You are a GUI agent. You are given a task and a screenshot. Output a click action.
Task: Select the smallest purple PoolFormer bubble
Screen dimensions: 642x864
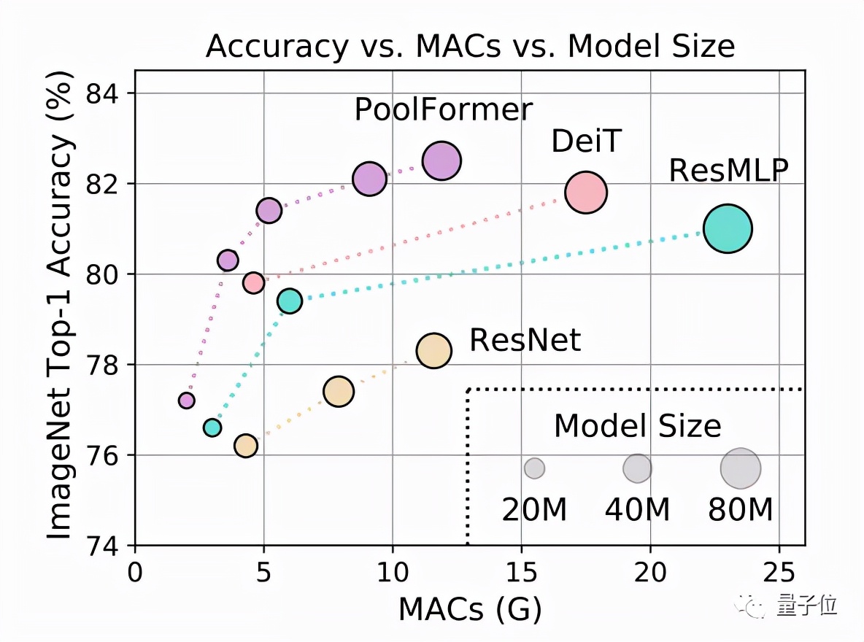[x=187, y=400]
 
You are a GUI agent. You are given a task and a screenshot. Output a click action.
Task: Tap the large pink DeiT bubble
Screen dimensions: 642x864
[x=586, y=193]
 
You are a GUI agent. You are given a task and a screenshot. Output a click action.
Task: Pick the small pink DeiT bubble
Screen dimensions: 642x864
[x=253, y=282]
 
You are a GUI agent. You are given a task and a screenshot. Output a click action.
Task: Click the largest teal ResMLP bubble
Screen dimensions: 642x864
[x=728, y=229]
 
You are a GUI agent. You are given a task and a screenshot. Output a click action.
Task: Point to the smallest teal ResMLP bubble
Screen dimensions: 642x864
[x=212, y=428]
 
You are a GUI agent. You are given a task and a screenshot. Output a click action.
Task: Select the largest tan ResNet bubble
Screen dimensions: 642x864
[x=434, y=350]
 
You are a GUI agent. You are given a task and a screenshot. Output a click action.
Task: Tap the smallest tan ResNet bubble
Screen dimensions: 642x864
[x=246, y=445]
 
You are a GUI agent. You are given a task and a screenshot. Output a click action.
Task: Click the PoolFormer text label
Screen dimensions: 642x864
[x=444, y=110]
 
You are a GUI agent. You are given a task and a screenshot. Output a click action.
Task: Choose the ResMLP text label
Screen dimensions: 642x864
[x=729, y=171]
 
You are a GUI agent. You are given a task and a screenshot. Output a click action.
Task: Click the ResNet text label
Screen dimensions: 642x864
[x=525, y=340]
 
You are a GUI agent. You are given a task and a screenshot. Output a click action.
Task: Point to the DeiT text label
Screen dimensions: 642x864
[x=585, y=142]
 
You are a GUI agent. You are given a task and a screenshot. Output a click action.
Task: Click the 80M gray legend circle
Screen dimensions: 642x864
[x=741, y=468]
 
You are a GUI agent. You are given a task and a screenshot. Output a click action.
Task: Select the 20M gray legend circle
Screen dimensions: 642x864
[x=535, y=468]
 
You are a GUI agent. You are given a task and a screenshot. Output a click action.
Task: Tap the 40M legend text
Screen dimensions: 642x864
[x=637, y=511]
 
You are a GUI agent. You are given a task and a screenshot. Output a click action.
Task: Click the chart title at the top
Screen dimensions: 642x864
[x=470, y=47]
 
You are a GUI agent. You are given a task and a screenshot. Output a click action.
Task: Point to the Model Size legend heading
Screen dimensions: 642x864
[x=637, y=426]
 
